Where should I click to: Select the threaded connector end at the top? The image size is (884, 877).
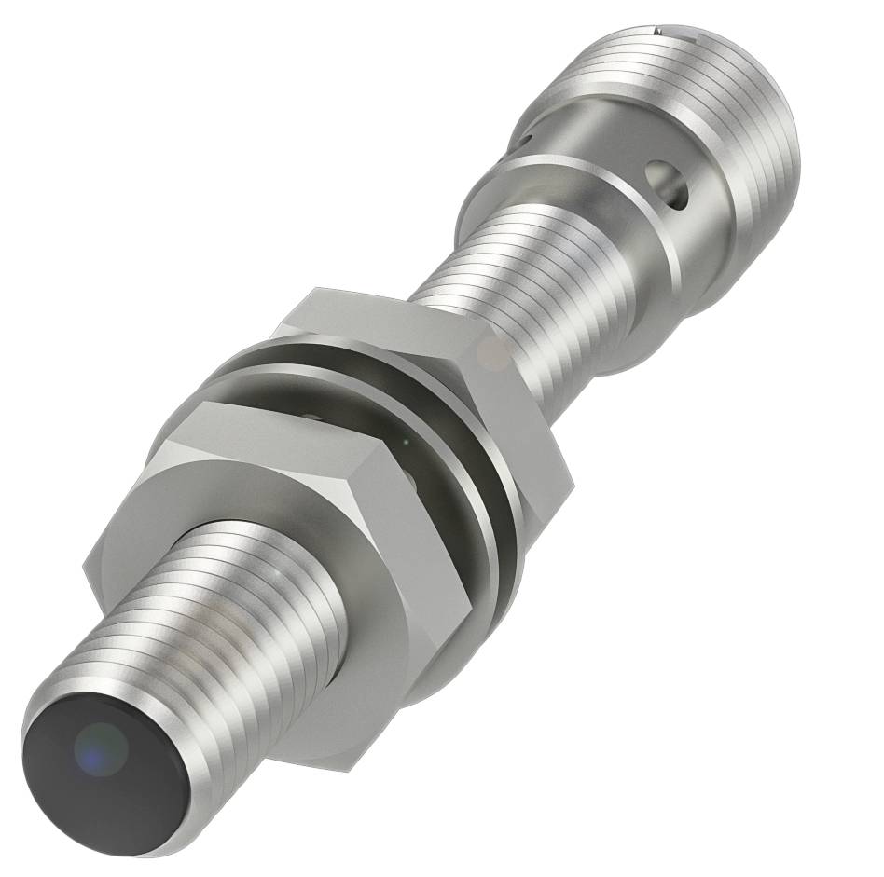pyautogui.click(x=709, y=75)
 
